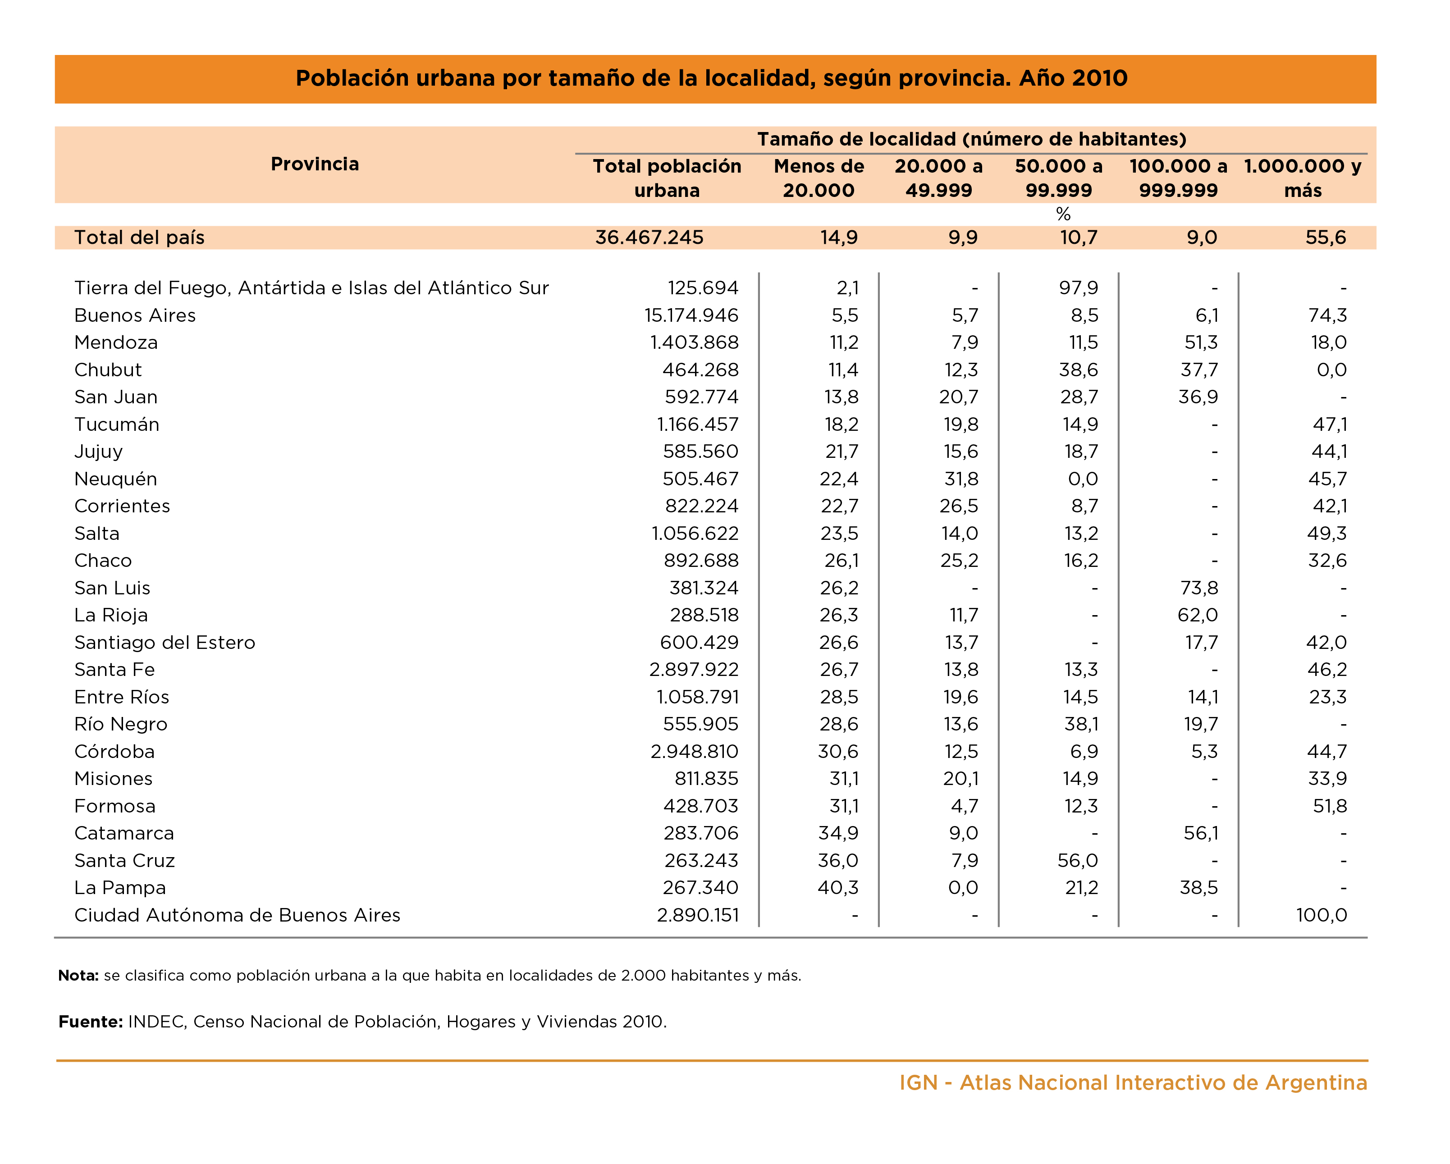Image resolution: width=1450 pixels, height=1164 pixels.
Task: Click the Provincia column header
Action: click(x=315, y=164)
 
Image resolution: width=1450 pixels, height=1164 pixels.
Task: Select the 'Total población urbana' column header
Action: click(x=667, y=178)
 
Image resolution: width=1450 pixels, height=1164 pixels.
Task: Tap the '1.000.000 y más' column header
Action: click(x=1302, y=178)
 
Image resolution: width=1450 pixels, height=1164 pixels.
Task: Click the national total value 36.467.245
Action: click(x=649, y=237)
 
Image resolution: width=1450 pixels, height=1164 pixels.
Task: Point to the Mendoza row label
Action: click(x=116, y=342)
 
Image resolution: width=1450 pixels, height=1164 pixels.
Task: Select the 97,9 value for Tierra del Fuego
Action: click(x=1078, y=288)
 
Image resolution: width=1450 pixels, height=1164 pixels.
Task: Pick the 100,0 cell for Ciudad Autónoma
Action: click(x=1321, y=915)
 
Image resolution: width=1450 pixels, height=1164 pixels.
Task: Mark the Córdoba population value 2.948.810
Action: click(x=694, y=751)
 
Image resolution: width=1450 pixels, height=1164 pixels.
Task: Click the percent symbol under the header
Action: click(x=1063, y=215)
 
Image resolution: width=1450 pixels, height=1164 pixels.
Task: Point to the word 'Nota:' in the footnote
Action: click(x=79, y=976)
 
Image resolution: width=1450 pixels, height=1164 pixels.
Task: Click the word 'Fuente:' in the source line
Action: click(x=90, y=1022)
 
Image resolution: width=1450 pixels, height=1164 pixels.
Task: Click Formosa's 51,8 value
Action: click(x=1329, y=806)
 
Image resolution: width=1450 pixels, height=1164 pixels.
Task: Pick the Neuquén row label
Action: click(x=116, y=479)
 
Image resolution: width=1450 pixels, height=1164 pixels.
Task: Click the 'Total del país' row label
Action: click(x=139, y=237)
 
